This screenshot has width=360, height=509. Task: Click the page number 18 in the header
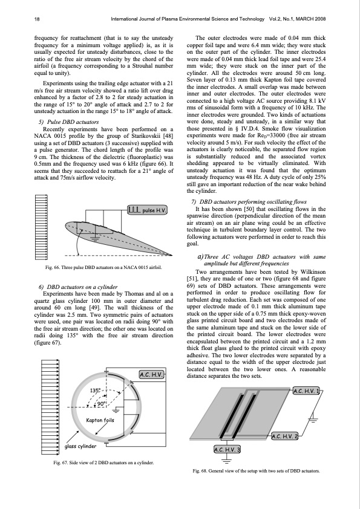(37, 19)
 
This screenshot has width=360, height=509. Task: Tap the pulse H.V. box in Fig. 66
(147, 210)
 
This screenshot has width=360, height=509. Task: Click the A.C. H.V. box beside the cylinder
(151, 375)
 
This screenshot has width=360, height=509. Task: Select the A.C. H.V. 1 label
(306, 391)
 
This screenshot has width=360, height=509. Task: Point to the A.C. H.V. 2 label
(284, 436)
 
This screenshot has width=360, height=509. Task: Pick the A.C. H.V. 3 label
(227, 450)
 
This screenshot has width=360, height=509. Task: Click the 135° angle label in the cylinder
(96, 390)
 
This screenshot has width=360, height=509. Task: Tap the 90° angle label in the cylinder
(102, 403)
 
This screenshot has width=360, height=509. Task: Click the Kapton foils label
(100, 420)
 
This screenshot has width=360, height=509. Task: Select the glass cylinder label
(80, 446)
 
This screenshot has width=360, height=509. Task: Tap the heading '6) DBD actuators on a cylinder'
(78, 287)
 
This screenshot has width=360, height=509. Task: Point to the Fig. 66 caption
(103, 267)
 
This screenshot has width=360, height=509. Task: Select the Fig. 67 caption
(103, 462)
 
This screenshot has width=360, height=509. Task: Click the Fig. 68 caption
(256, 471)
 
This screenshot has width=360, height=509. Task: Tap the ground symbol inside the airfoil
(95, 239)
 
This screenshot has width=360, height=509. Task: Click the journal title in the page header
(188, 19)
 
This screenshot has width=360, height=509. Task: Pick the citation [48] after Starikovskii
(168, 136)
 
